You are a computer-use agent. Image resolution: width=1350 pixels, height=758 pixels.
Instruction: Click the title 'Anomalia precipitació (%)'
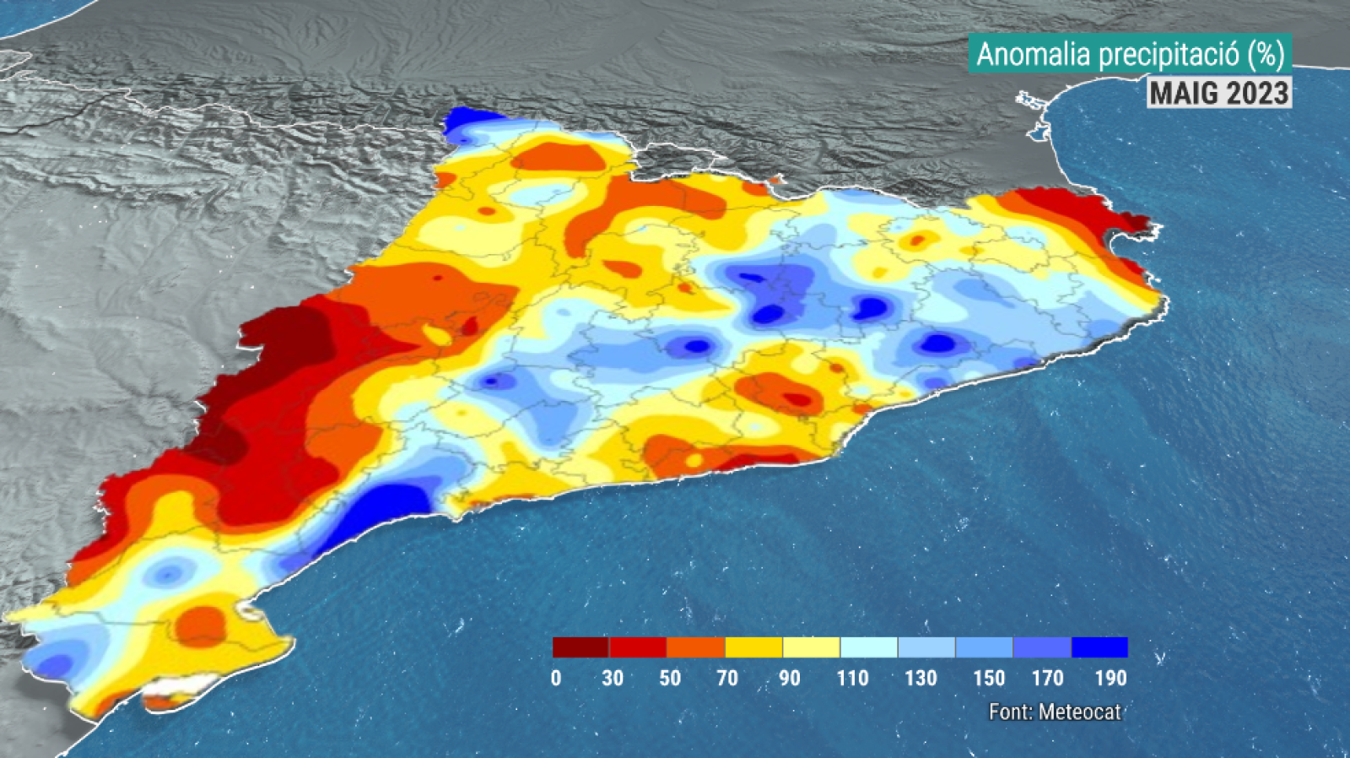coord(1130,55)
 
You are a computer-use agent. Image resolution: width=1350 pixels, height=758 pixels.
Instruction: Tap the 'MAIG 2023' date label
coord(1219,93)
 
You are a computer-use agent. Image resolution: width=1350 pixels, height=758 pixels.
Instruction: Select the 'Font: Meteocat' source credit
coord(1055,712)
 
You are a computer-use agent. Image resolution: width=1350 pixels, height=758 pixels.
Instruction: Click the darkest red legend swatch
coord(580,647)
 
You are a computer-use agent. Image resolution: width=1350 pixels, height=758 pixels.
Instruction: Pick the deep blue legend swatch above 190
coord(1099,647)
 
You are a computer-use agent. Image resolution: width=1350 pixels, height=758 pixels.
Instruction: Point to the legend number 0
coord(556,678)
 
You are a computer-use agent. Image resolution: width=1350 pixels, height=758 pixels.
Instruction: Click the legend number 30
coord(613,678)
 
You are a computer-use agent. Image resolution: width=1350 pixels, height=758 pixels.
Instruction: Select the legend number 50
coord(670,678)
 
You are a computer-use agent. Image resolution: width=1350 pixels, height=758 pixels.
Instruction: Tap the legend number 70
coord(727,678)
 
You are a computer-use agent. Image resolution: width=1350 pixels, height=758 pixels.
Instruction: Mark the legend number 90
coord(790,678)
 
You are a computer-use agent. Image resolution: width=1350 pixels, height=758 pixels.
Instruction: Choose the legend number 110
coord(853,678)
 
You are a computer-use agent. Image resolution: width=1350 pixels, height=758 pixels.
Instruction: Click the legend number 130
coord(921,678)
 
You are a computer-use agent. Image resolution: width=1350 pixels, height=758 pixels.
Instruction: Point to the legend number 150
coord(989,678)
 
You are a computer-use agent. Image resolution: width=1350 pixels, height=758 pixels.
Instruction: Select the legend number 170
coord(1048,678)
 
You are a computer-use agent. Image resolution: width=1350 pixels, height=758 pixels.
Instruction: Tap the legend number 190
coord(1110,678)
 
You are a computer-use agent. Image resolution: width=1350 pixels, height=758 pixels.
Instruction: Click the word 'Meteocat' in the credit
coord(1080,712)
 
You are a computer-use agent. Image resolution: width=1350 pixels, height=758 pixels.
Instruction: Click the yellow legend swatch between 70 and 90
coord(753,647)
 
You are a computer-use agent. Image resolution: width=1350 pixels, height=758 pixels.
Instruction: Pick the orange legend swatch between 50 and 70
coord(695,647)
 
